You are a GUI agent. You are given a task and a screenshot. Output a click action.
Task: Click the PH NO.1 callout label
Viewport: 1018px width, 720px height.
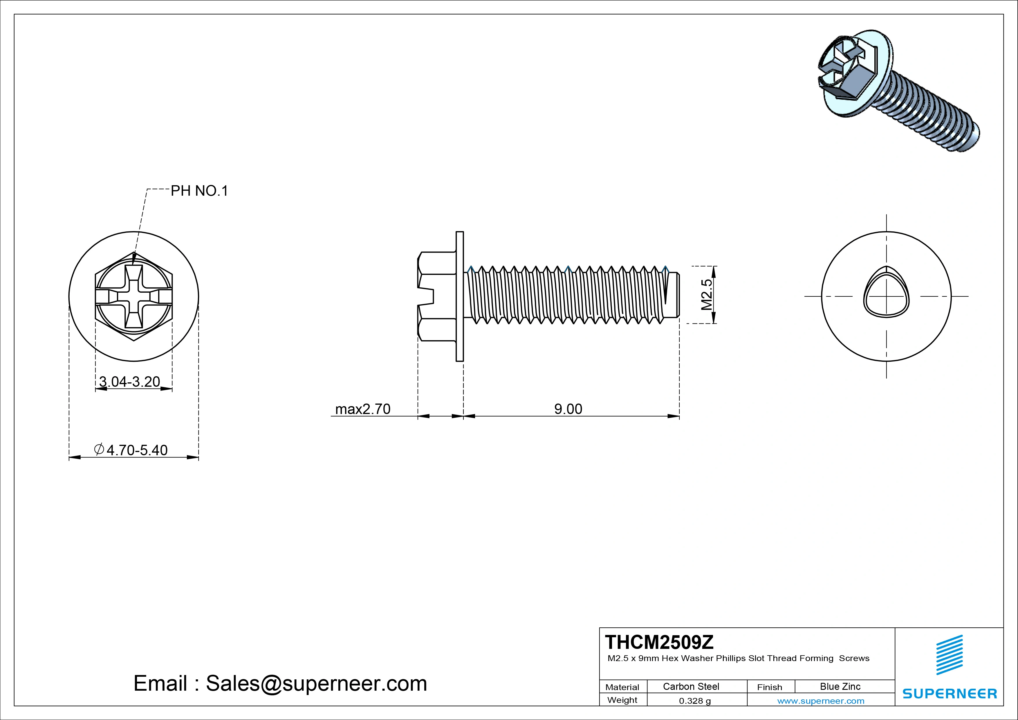[x=199, y=191]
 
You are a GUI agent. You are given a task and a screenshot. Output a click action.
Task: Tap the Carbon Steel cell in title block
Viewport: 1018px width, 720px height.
[x=691, y=686]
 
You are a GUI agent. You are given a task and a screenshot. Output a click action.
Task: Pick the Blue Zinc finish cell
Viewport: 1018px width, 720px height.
[x=840, y=686]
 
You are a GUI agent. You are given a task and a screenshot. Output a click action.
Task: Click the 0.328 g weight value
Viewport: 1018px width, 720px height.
[x=695, y=701]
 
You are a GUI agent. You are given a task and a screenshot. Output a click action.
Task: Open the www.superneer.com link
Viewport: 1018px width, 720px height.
[x=821, y=701]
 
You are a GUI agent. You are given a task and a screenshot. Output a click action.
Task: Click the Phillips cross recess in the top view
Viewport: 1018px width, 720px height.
[x=134, y=296]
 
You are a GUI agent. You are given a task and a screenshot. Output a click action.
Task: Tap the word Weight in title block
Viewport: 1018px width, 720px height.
[x=622, y=700]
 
